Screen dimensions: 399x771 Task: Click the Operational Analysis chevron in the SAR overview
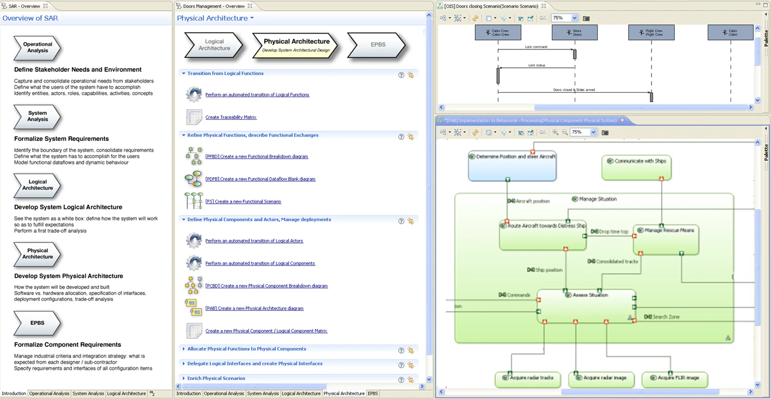pos(37,48)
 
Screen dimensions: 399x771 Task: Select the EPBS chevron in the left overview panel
pos(37,323)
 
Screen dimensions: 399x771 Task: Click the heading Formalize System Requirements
pos(61,139)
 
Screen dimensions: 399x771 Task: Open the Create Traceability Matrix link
pos(230,117)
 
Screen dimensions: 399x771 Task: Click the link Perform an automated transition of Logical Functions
pos(257,95)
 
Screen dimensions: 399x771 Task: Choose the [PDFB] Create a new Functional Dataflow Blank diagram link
pos(260,179)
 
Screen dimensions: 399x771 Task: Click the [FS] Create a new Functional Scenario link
pos(243,201)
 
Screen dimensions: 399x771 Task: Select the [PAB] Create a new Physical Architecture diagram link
pos(254,308)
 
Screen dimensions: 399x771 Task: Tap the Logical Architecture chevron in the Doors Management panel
pos(214,45)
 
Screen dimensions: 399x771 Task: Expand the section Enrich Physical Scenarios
pos(216,378)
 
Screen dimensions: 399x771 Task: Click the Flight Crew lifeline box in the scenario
pos(651,33)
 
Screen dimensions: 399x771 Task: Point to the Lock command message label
pos(536,47)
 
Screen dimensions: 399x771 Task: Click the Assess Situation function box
pos(586,306)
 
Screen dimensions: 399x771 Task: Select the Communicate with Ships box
pos(636,167)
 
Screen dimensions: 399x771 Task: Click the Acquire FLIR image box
pos(675,378)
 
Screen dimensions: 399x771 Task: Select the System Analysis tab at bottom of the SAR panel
pos(88,393)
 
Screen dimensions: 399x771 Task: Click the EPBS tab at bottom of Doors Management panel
pos(373,393)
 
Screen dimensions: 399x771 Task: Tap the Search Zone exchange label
pos(665,317)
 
